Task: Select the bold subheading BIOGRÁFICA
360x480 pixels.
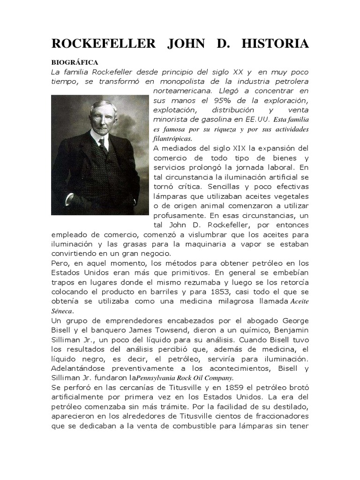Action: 75,62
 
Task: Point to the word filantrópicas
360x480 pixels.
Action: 172,139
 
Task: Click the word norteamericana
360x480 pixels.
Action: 181,91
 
